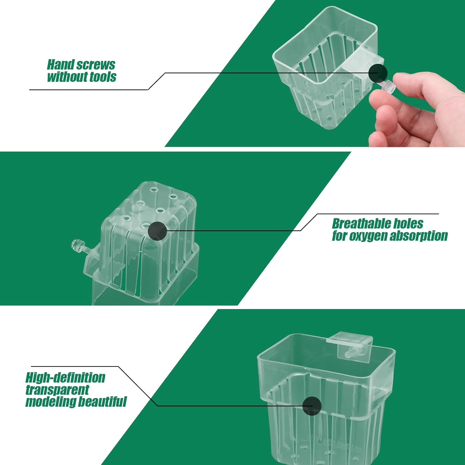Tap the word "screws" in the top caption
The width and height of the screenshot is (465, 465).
click(96, 65)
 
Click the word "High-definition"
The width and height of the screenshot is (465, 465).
click(65, 378)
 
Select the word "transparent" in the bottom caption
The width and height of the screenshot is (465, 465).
click(57, 390)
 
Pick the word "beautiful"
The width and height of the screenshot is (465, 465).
click(102, 402)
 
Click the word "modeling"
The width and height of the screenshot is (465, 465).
click(51, 402)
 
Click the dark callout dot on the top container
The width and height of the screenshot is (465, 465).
click(378, 73)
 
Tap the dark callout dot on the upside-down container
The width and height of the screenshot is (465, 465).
click(157, 231)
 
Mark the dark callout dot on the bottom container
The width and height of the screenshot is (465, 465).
click(312, 406)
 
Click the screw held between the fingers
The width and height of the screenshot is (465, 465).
click(386, 86)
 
